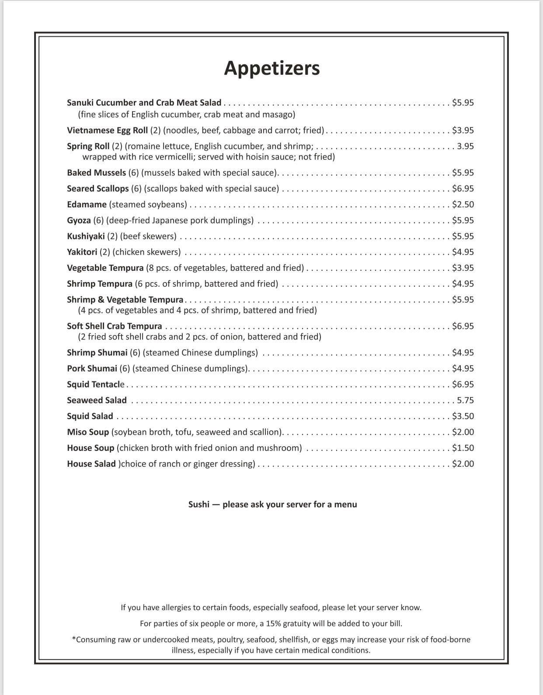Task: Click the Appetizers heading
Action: tap(271, 68)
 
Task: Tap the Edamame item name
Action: tap(87, 205)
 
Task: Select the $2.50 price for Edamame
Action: tap(463, 205)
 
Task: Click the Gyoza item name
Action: tap(79, 220)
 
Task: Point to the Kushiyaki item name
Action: tap(86, 236)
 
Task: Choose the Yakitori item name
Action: tap(82, 252)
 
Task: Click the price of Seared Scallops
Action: tap(463, 189)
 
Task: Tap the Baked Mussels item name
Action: tap(96, 173)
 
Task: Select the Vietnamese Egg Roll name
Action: tap(107, 130)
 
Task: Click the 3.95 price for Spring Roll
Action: tap(465, 146)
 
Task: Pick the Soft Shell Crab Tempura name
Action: tap(114, 326)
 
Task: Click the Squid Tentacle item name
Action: tap(95, 384)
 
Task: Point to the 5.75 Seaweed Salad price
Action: tap(465, 400)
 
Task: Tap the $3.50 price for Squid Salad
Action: tap(463, 416)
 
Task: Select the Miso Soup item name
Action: tap(88, 432)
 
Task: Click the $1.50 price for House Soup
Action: tap(463, 448)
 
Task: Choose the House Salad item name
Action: tap(91, 464)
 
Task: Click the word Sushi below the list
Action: tap(198, 504)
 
